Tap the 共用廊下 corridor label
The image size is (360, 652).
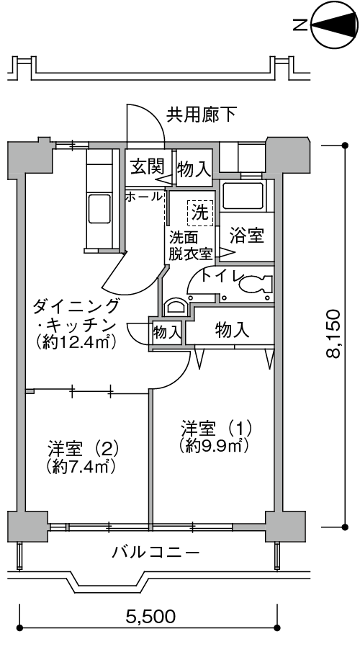[202, 115]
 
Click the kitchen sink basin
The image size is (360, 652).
[99, 209]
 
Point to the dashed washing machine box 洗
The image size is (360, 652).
[200, 213]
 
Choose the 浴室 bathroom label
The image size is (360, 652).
[247, 236]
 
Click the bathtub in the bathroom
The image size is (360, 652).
[243, 196]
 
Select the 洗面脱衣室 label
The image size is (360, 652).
[191, 246]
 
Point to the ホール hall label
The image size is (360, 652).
[143, 196]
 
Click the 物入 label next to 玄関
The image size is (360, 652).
[194, 169]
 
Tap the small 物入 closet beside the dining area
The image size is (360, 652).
[167, 332]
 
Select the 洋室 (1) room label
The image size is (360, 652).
[216, 428]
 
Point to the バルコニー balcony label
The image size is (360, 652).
[156, 553]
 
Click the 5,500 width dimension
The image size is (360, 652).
[150, 616]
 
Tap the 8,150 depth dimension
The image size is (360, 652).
[334, 334]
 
